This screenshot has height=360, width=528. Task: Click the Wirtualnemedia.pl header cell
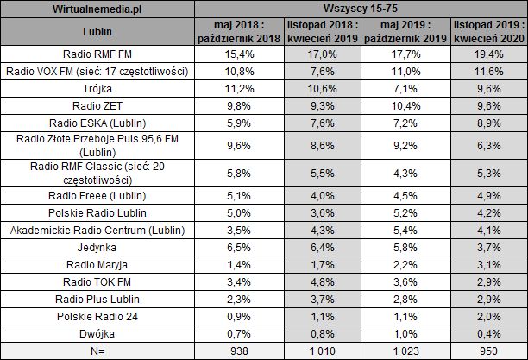[98, 9]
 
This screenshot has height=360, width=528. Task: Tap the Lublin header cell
[98, 34]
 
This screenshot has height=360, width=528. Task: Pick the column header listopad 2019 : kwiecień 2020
[487, 34]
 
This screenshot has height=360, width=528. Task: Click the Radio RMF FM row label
[98, 54]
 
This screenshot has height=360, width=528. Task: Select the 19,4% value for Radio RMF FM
[487, 54]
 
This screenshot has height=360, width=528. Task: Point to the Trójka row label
[98, 87]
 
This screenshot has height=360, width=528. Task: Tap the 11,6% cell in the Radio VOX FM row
[487, 70]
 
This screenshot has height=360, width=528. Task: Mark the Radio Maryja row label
[98, 263]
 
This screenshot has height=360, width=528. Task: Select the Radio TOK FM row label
[98, 281]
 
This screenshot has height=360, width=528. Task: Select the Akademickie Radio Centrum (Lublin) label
[98, 231]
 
